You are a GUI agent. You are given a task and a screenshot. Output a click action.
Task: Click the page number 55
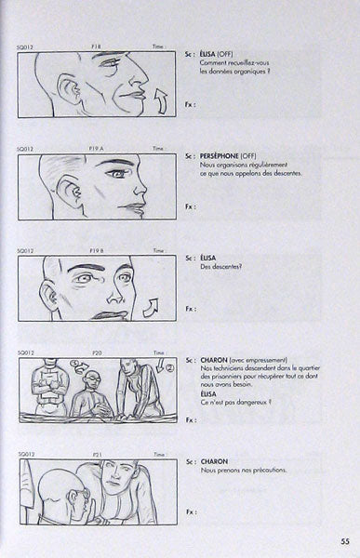click(x=343, y=539)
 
